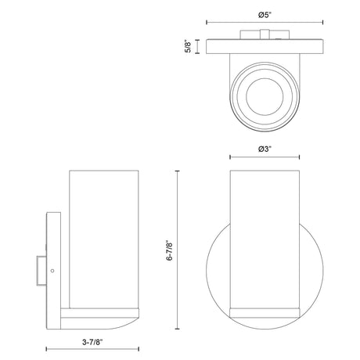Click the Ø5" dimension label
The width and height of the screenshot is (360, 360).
265,16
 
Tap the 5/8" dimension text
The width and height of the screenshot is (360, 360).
188,46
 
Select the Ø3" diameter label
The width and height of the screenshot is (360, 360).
265,149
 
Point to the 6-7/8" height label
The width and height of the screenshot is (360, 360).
170,250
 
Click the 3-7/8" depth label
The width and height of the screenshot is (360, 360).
92,342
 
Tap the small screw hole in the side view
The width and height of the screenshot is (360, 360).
52,271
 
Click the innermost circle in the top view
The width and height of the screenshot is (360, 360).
265,96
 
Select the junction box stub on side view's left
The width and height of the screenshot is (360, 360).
41,271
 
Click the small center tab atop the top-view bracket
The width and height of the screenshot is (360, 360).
265,34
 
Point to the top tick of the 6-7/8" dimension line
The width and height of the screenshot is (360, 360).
178,171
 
